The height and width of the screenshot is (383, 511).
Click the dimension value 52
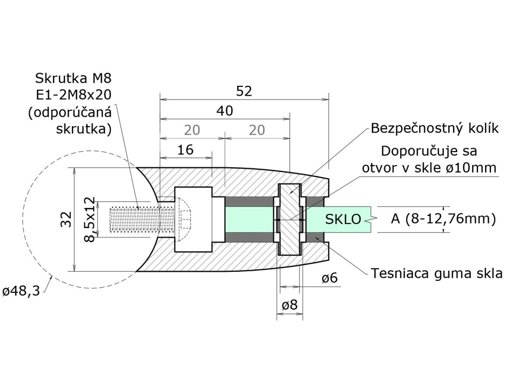pos(245,91)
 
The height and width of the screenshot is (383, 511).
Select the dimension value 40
pos(225,111)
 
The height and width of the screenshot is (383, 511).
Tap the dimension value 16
pos(185,150)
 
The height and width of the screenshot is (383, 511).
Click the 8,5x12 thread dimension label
pos(89,219)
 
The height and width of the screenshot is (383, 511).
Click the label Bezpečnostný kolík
pos(435,128)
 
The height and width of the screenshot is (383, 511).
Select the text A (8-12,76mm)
pos(443,219)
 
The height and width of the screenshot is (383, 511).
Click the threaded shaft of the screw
pos(135,219)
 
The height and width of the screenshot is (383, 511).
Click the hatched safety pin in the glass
pos(290,219)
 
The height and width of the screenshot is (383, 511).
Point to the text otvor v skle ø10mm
pos(429,168)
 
